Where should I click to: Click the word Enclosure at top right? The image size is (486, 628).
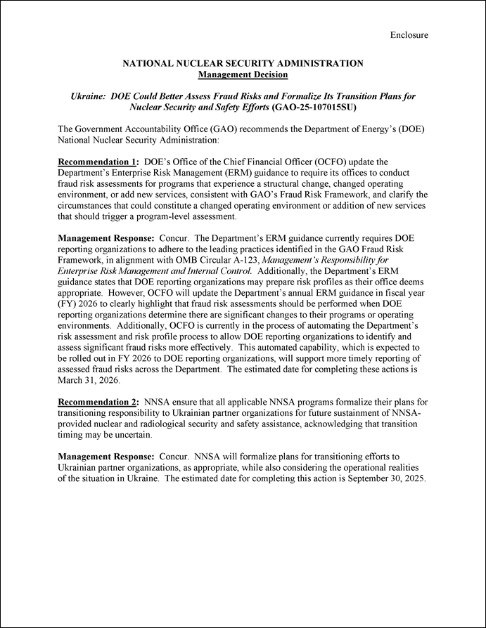coord(409,34)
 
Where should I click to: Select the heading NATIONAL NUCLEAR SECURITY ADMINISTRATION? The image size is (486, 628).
coord(243,63)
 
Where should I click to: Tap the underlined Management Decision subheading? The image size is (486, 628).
coord(243,74)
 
